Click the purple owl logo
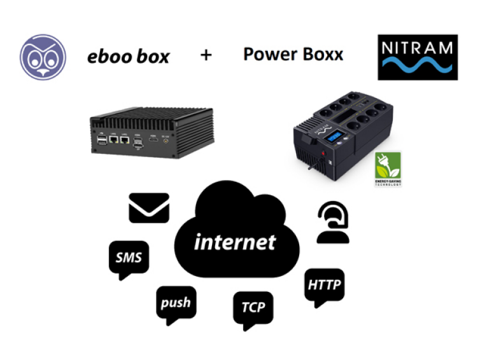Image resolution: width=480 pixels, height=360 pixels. (x=43, y=55)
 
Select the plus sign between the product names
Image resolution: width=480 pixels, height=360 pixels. (x=206, y=55)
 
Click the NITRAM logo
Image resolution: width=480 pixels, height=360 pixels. (x=417, y=57)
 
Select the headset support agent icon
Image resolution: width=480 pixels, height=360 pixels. (x=333, y=225)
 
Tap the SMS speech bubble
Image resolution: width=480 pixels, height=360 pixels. (x=129, y=258)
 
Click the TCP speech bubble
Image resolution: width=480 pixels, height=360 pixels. (x=253, y=309)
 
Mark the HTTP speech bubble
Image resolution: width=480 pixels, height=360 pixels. (x=325, y=284)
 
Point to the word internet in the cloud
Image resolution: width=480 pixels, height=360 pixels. (x=235, y=242)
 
